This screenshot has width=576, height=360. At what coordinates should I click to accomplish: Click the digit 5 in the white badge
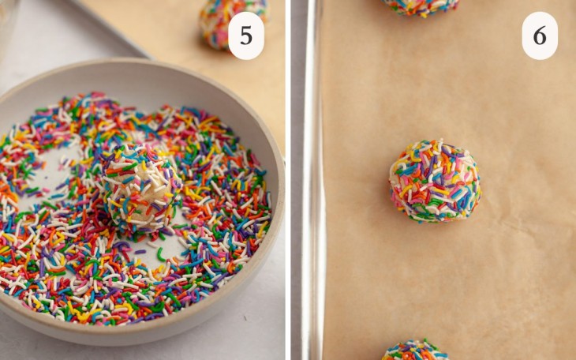(245, 35)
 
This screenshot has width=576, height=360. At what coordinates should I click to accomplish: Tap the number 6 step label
(540, 35)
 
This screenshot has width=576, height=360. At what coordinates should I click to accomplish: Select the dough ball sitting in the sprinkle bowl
(140, 187)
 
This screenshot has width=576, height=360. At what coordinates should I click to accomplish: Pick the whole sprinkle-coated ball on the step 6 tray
(434, 181)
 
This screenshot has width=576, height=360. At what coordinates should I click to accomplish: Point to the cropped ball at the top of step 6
(421, 6)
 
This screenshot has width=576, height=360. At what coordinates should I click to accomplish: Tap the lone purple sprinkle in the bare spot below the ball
(140, 252)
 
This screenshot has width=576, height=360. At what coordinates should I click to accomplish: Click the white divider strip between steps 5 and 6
(288, 180)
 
